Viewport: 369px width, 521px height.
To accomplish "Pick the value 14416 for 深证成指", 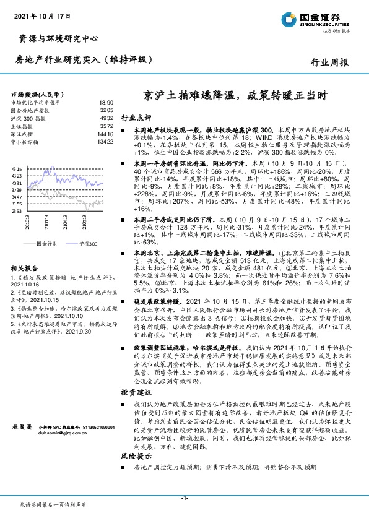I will [x=105, y=133].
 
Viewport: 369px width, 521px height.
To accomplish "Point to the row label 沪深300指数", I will [x=28, y=118].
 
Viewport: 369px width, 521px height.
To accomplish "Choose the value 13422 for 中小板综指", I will [x=105, y=141].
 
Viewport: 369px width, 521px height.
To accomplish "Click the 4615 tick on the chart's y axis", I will [x=17, y=168].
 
